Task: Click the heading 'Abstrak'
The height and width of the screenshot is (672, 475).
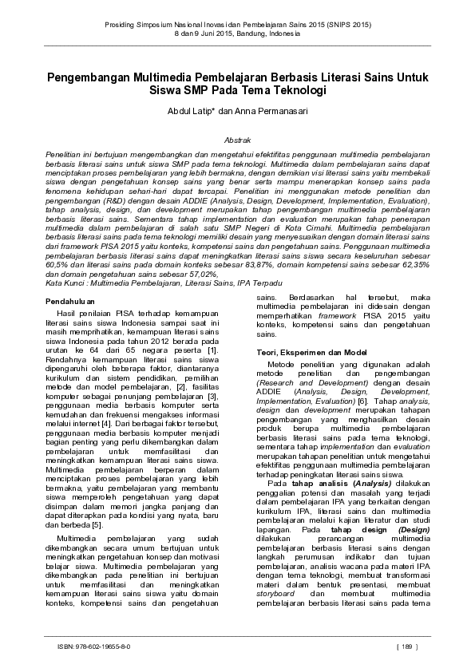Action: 239,139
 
